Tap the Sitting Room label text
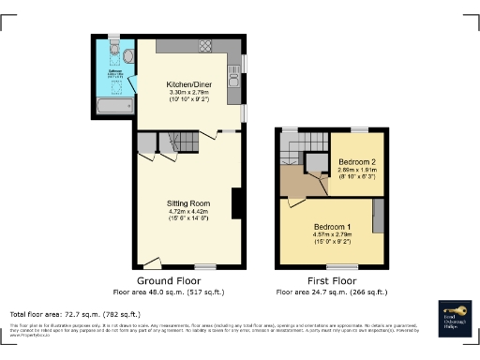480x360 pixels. click(x=187, y=203)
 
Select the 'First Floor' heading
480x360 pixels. click(x=333, y=280)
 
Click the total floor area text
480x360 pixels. click(x=75, y=314)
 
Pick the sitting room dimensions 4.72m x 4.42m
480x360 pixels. click(x=187, y=213)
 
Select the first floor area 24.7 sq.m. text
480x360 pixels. click(x=333, y=292)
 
